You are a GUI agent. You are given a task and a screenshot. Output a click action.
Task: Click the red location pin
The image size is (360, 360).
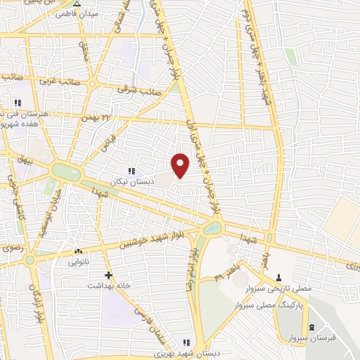point(181,164)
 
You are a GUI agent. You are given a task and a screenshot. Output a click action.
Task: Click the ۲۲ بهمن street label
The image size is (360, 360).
point(107,117)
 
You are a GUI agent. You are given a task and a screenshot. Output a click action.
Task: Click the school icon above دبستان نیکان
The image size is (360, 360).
point(131,170)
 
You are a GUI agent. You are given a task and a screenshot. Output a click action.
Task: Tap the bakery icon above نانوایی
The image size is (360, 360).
point(78,252)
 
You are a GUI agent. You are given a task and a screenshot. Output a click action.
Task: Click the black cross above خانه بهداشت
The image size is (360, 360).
point(108,275)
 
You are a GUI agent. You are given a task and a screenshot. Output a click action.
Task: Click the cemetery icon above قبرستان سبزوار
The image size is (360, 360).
point(311,327)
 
